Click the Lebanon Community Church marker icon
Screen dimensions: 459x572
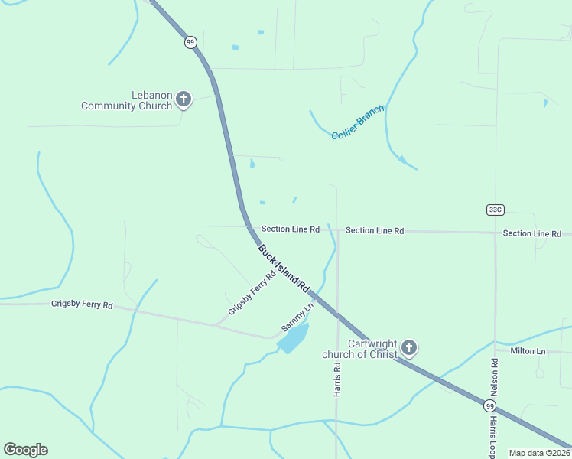pos(183,99)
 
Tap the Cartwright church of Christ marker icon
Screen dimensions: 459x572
pos(409,349)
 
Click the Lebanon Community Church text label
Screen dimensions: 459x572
pos(127,100)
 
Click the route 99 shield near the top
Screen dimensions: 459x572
pos(190,42)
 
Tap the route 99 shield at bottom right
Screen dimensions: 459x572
pos(489,405)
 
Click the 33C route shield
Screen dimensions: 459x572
pos(495,210)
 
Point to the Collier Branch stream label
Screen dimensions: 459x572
pos(357,122)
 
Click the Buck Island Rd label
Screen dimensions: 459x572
pos(283,269)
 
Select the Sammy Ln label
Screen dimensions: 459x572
pos(297,317)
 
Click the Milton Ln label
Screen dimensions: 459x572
pos(528,351)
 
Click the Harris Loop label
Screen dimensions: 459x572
pos(493,438)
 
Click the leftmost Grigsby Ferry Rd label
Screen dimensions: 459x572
pos(82,304)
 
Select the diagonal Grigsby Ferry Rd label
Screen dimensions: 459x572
pos(251,294)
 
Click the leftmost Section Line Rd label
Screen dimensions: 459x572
pos(290,229)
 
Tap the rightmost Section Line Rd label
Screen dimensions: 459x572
pos(531,233)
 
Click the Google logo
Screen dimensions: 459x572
pos(25,450)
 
